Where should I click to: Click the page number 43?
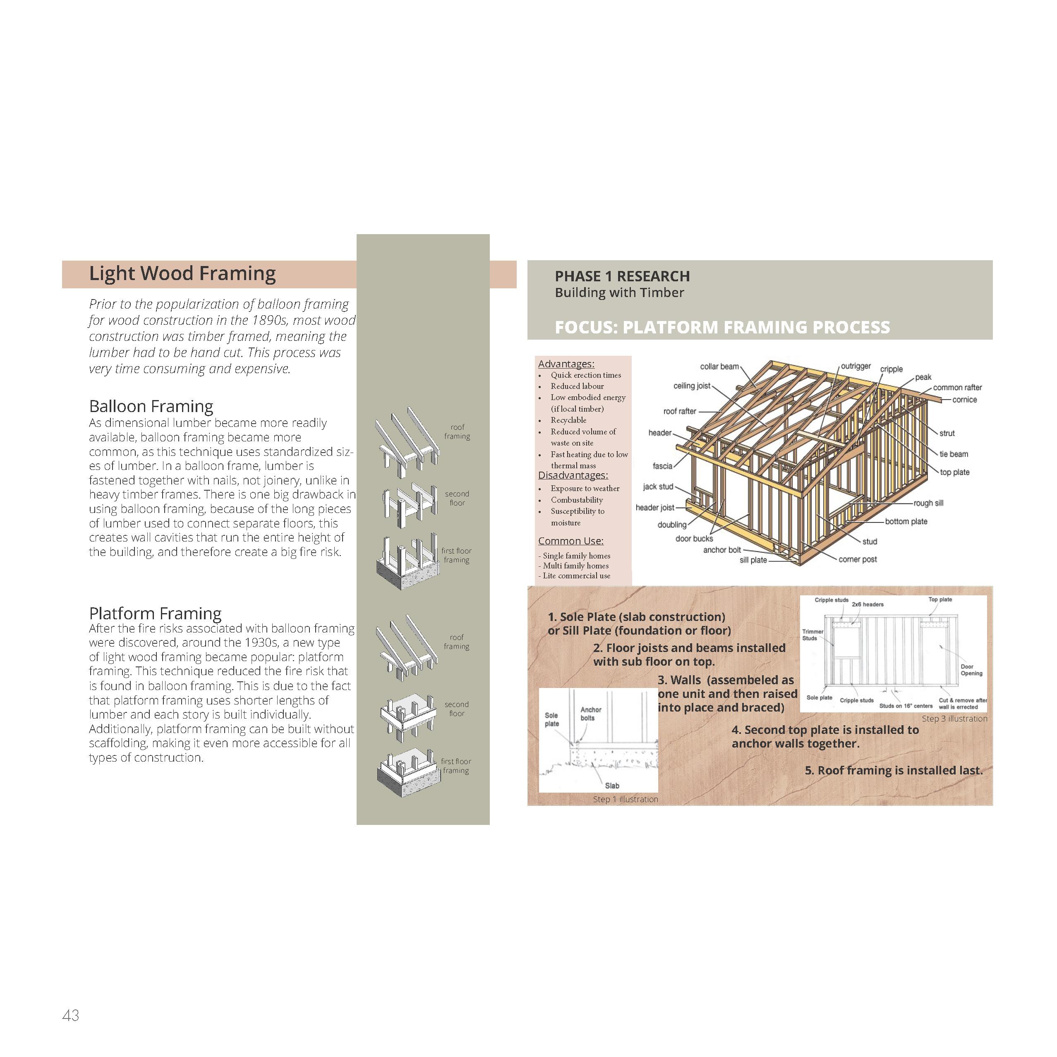(71, 1015)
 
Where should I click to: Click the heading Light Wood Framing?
(182, 273)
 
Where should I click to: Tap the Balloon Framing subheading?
(151, 407)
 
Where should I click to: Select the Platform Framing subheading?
(156, 613)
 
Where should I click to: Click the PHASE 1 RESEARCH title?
(622, 276)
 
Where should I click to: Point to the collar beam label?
(719, 367)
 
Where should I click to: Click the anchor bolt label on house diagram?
(721, 550)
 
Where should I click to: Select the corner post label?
(857, 559)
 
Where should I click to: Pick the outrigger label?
(855, 366)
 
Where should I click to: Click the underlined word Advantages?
(566, 364)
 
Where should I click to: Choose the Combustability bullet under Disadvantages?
(577, 500)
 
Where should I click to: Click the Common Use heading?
(570, 541)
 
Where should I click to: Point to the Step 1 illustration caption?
(626, 799)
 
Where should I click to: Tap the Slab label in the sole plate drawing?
(612, 786)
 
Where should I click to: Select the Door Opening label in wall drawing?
(971, 670)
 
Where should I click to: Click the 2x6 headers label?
(867, 604)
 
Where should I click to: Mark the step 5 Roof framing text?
(894, 770)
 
